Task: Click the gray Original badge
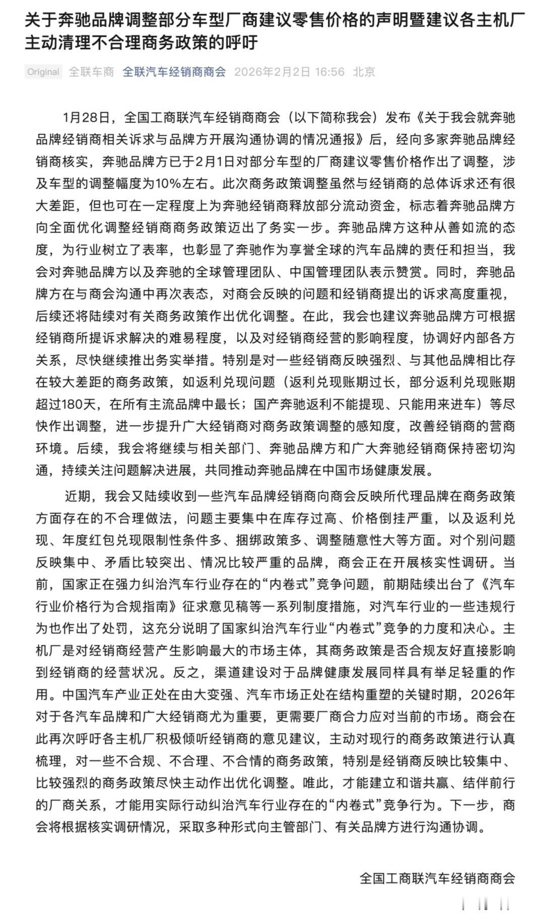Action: [43, 72]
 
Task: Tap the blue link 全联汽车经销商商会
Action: [174, 72]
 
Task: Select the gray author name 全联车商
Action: [91, 72]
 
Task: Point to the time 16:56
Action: [330, 72]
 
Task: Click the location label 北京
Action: [364, 72]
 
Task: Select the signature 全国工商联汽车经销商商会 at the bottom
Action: [437, 878]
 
